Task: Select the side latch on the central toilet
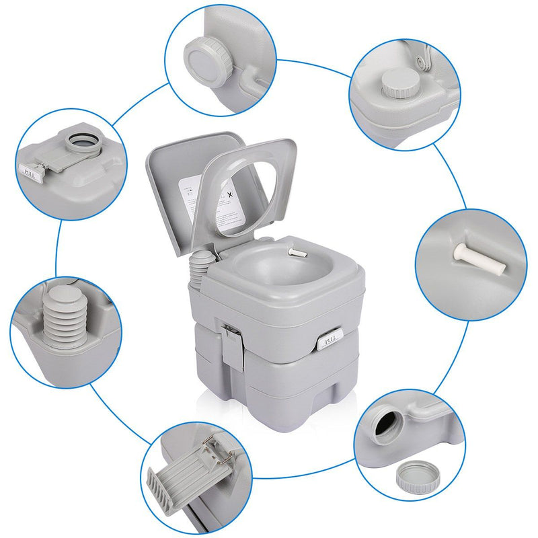coord(231,343)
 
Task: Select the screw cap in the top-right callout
coord(395,85)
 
